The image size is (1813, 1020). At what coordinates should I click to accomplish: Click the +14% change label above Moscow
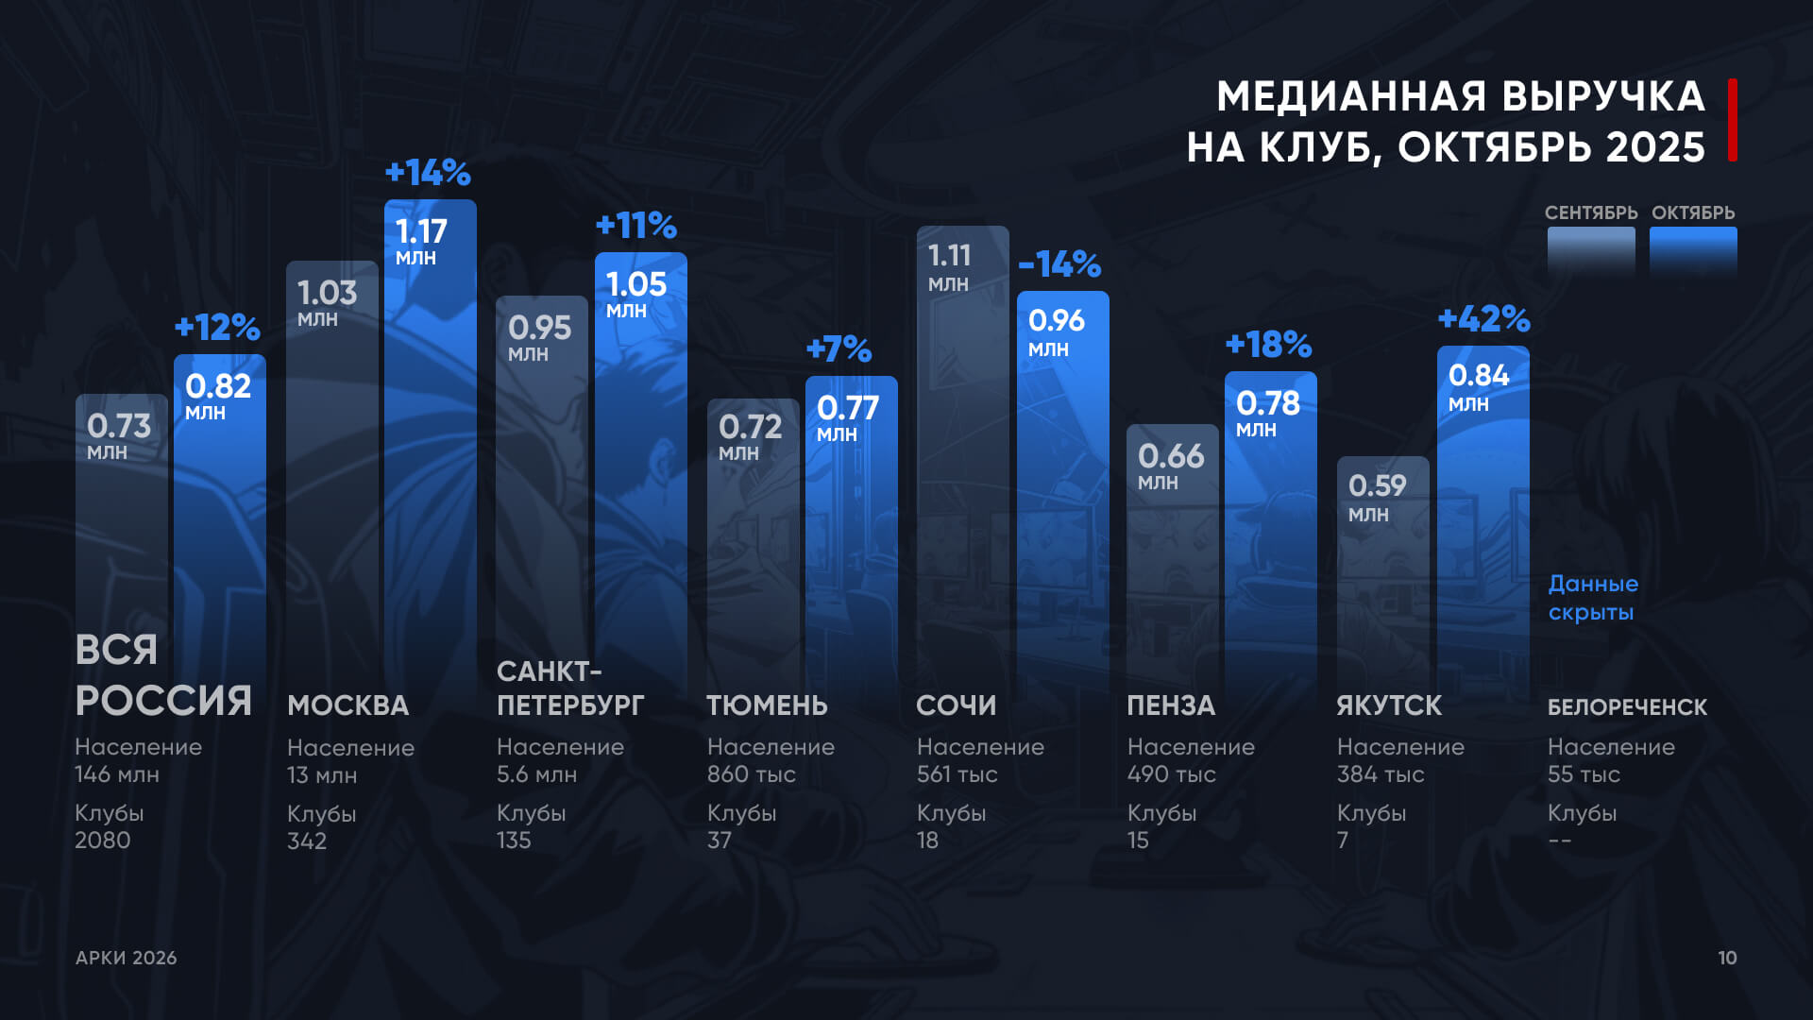428,173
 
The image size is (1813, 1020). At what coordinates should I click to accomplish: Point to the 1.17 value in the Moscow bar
421,232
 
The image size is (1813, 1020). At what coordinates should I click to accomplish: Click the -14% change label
1059,264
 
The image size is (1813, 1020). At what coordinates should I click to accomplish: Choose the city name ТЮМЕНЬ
767,705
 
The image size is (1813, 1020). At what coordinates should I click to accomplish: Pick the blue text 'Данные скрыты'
1593,598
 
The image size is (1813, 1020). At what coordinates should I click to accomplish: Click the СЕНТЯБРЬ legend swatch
1591,250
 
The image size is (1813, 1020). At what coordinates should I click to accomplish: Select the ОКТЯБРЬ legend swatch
1693,250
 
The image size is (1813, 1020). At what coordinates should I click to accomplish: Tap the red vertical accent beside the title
1733,120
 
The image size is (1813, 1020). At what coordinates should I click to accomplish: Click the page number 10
1727,958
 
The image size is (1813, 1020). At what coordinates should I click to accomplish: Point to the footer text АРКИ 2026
127,958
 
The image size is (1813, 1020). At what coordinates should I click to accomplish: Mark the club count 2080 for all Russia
103,841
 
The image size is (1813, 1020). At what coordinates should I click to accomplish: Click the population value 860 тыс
752,774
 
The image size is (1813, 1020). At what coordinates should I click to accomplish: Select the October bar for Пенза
1270,538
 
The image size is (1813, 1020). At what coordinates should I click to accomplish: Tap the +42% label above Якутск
1483,319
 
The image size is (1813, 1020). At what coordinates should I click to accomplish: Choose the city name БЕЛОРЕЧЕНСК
1627,707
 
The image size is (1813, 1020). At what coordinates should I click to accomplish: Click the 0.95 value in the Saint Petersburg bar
539,329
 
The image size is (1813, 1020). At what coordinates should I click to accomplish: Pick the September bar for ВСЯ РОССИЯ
121,529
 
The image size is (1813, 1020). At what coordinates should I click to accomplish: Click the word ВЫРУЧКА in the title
1603,96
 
